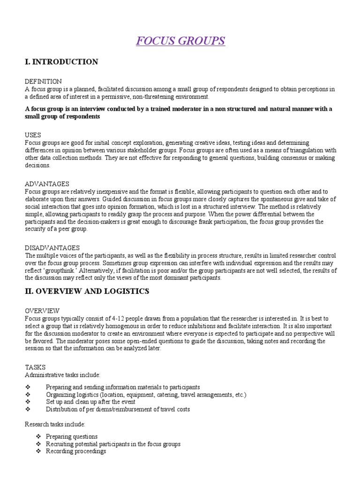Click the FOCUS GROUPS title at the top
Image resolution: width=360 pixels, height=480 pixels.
pos(180,41)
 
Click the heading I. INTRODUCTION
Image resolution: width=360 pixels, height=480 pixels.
pos(61,62)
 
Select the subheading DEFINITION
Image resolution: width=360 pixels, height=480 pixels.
pos(43,82)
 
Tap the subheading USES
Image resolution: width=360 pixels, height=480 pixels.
pos(33,135)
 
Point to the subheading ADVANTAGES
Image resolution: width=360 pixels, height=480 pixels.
pos(47,184)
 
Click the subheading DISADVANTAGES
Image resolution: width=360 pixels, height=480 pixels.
pos(52,247)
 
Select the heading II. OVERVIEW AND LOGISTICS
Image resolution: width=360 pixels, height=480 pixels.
pos(87,291)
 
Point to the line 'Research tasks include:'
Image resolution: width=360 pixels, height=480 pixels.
pos(54,424)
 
